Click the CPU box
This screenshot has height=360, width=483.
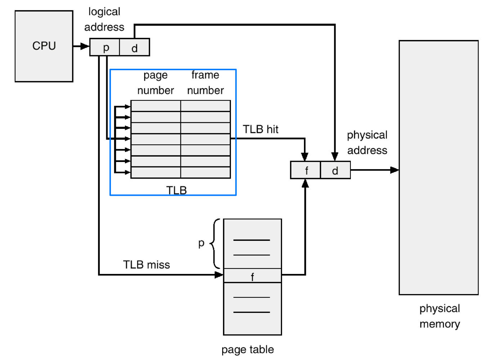[44, 46]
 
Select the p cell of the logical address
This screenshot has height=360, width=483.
[105, 48]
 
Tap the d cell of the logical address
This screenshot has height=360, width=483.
[134, 48]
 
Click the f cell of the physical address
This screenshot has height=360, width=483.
[306, 170]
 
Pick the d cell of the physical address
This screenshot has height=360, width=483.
[335, 170]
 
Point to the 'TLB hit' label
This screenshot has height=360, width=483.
[260, 129]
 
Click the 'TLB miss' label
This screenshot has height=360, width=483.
[146, 265]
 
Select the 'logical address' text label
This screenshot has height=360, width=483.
[104, 19]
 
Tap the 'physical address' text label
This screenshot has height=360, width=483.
[367, 143]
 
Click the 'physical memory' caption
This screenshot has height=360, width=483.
[439, 316]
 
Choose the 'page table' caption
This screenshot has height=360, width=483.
[247, 350]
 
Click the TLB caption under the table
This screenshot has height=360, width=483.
[176, 190]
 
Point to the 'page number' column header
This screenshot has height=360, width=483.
[156, 83]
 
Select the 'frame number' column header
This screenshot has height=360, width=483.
[205, 83]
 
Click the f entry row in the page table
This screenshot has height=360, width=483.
[252, 276]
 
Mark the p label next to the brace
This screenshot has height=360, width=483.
[201, 243]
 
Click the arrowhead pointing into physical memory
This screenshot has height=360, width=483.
[394, 170]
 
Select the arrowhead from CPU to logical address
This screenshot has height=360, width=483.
[85, 46]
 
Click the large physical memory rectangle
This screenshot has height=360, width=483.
[438, 167]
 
